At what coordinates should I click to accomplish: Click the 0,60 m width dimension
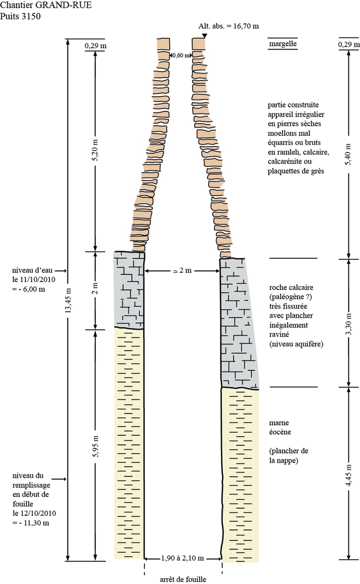tap(180, 55)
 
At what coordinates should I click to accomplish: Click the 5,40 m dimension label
tap(348, 154)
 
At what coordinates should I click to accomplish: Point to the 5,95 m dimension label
tap(95, 445)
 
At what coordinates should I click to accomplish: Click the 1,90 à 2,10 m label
tap(183, 558)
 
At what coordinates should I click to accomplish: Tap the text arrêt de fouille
tap(182, 579)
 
